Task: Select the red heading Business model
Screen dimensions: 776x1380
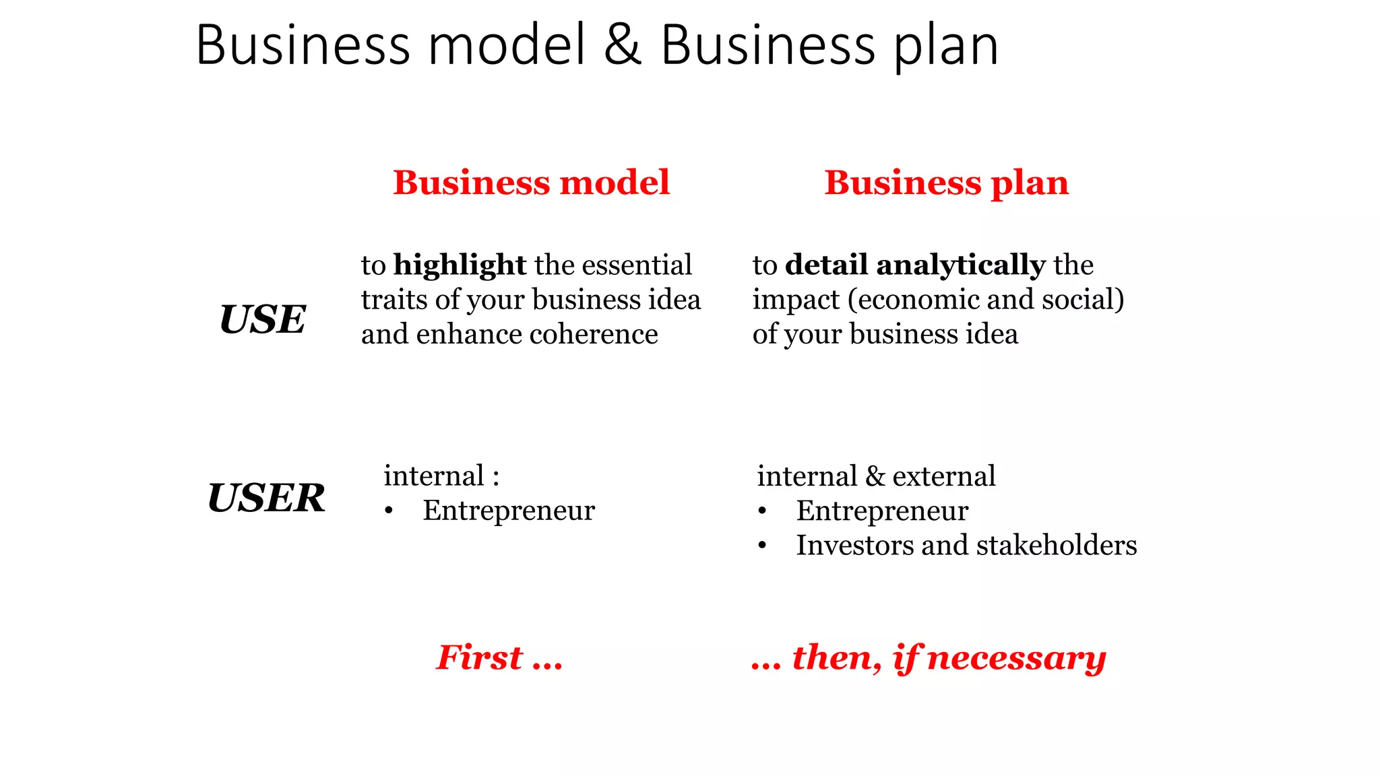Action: click(531, 183)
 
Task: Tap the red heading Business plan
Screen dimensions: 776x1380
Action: click(946, 183)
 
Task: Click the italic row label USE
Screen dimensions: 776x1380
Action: click(263, 319)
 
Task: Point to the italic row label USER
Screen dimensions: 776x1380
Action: click(266, 498)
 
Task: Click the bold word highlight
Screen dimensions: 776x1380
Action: click(460, 265)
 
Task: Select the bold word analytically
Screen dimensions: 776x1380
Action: click(960, 265)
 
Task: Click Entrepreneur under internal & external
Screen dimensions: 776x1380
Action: click(882, 511)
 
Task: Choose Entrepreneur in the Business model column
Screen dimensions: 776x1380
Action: click(509, 511)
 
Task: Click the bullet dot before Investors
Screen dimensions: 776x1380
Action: click(762, 546)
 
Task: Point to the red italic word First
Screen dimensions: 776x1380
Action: click(479, 657)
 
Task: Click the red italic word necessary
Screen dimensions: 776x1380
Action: click(1016, 658)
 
